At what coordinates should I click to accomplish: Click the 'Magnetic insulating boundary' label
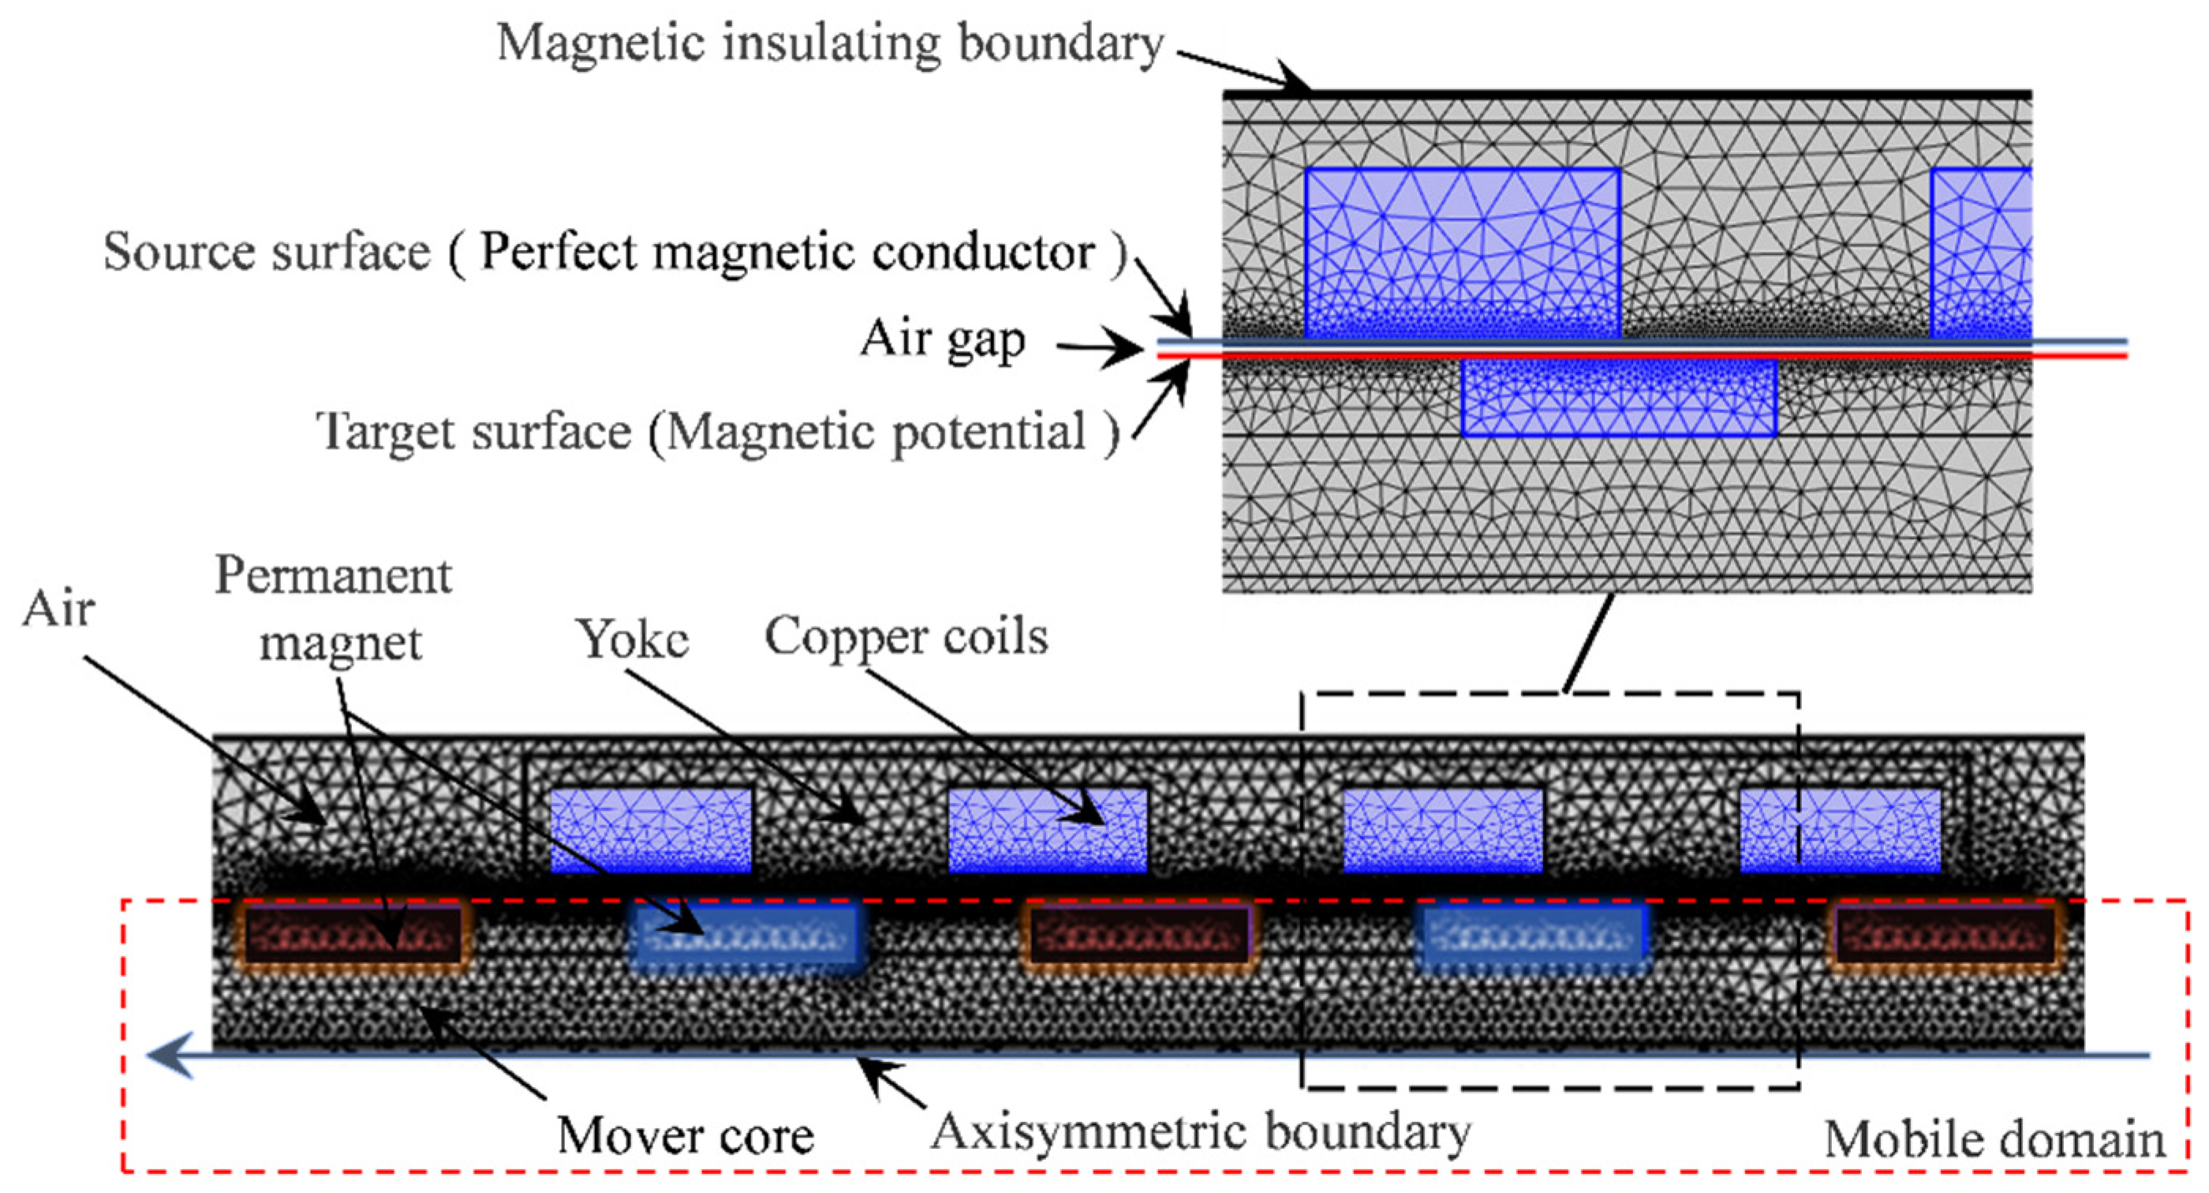tap(830, 43)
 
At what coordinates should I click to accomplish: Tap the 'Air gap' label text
tap(943, 339)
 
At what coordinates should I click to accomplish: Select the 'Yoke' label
tap(633, 639)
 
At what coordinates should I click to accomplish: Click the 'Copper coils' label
tap(906, 637)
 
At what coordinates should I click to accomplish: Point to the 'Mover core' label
tap(685, 1135)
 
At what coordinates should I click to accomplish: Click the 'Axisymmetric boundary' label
tap(1201, 1132)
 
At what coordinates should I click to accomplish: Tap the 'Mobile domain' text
tap(1993, 1140)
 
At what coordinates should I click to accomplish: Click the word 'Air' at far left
tap(58, 611)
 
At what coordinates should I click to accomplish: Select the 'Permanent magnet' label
tap(335, 609)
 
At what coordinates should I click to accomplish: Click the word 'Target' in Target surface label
tap(387, 432)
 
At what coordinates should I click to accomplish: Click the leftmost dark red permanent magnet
tap(353, 935)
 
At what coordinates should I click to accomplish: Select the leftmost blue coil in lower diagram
tap(651, 830)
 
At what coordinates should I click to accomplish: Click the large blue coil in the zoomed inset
tap(1462, 253)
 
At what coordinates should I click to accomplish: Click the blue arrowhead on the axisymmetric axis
tap(167, 1055)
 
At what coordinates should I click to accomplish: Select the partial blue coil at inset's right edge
tap(1981, 253)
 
